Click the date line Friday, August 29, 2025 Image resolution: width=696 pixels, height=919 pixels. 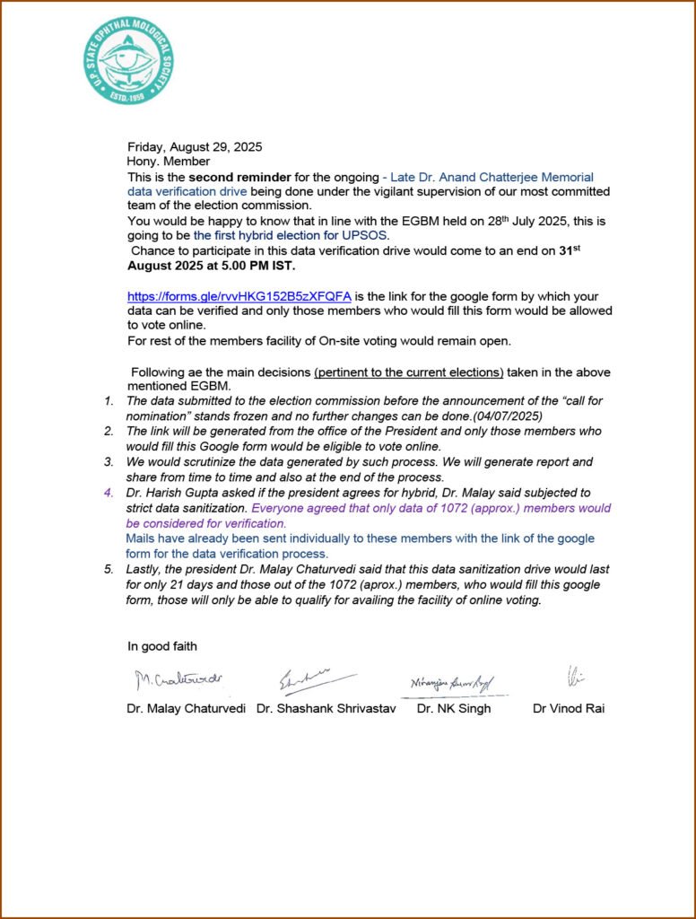(x=195, y=146)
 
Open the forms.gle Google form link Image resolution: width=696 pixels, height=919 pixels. (x=239, y=296)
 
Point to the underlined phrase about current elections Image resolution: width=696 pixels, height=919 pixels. (x=409, y=372)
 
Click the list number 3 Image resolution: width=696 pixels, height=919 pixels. (x=109, y=462)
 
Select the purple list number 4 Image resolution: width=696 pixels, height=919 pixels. (x=109, y=493)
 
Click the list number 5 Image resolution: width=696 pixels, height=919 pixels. (x=109, y=569)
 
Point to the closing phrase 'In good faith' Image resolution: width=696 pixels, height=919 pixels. (x=162, y=646)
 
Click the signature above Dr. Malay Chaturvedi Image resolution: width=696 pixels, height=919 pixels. (x=178, y=680)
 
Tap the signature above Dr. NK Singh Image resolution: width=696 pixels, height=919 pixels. (x=452, y=683)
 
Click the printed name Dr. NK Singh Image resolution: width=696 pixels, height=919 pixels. (x=454, y=708)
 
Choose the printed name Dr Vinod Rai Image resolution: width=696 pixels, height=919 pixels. (x=569, y=708)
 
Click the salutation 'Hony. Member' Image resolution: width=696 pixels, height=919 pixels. (x=169, y=162)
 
